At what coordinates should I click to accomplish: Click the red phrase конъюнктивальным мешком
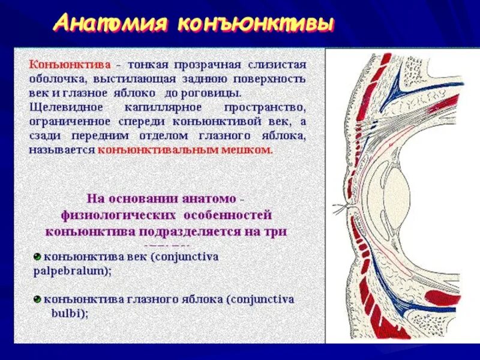point(185,150)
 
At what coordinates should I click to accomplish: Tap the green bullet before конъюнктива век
point(37,257)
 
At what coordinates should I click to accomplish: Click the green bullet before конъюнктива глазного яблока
point(37,298)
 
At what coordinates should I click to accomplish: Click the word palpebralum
point(68,271)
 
